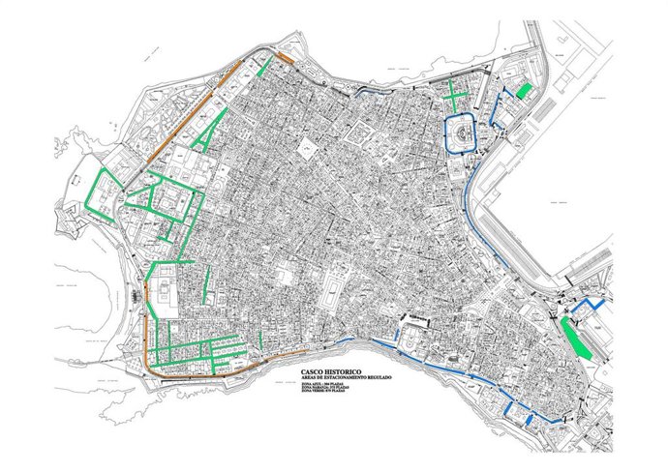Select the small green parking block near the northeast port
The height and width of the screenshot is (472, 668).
(523, 91)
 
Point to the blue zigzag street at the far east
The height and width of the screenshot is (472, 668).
(585, 310)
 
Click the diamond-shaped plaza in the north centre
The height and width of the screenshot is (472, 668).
(308, 148)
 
